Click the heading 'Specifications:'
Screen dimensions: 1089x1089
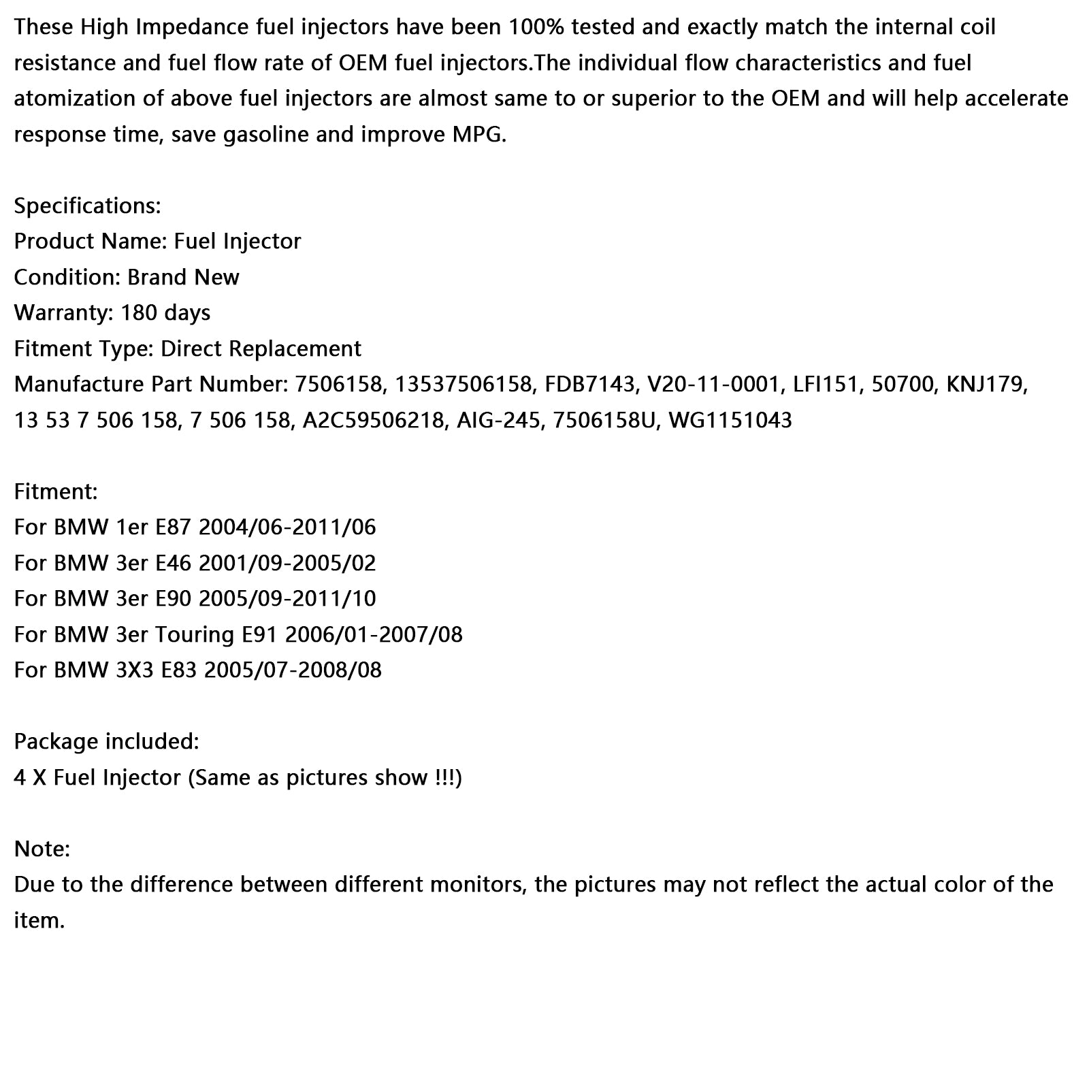87,206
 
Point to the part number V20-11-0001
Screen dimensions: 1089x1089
713,385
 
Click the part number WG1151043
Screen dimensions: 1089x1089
730,420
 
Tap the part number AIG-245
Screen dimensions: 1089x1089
498,420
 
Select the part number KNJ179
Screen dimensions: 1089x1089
986,385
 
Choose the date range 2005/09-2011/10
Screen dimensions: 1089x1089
288,599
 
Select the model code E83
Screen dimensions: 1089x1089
178,670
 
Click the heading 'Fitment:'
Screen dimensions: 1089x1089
56,491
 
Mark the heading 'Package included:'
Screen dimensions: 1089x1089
106,741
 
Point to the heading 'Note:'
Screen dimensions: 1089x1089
42,849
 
